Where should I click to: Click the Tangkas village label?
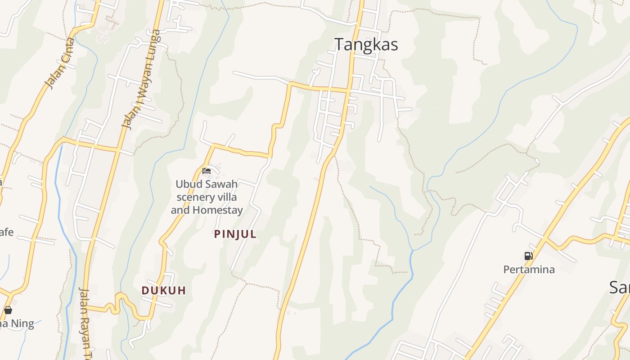pos(366,45)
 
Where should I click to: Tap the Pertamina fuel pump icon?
pos(528,256)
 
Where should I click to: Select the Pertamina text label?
pos(529,270)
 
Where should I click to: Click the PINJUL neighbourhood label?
pos(235,234)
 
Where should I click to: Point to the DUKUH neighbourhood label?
pos(163,290)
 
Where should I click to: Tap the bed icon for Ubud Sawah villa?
pos(207,171)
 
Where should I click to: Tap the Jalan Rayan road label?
pos(85,322)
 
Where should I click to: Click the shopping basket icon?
pos(8,310)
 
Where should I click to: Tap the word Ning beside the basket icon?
pos(22,324)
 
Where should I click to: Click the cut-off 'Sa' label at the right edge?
pos(620,287)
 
